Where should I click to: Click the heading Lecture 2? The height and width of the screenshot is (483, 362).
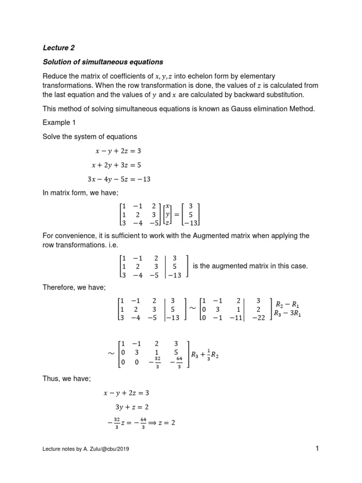[59, 48]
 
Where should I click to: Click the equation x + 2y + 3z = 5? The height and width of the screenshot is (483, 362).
[122, 165]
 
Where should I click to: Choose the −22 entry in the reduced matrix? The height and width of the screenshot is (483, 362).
[258, 318]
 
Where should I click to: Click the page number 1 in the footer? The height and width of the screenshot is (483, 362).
[318, 449]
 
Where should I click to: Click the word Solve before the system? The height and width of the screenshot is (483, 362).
[52, 137]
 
